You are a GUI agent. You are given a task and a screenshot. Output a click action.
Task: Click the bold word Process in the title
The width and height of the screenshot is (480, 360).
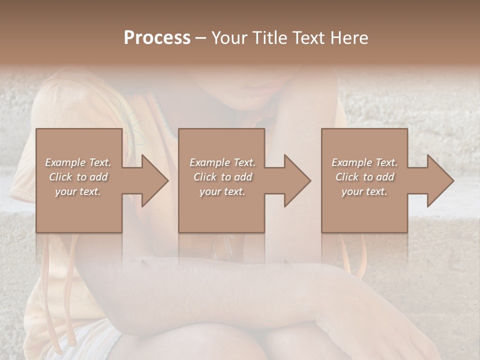157,38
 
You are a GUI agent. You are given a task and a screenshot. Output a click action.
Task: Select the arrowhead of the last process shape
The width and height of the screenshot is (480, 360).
439,180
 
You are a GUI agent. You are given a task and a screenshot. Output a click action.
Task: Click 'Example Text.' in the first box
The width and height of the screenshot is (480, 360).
78,162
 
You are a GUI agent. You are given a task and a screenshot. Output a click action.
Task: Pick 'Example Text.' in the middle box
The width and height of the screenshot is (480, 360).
222,162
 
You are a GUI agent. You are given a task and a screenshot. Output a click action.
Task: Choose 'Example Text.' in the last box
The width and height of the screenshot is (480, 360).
364,162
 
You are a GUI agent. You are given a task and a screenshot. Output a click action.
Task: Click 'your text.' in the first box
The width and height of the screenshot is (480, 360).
78,191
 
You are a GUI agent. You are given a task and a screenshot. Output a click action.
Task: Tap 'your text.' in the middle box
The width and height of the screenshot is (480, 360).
222,191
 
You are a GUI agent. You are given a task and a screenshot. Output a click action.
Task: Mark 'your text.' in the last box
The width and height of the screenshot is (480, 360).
364,191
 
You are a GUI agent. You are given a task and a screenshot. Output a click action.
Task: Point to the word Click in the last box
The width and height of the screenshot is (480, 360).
347,177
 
